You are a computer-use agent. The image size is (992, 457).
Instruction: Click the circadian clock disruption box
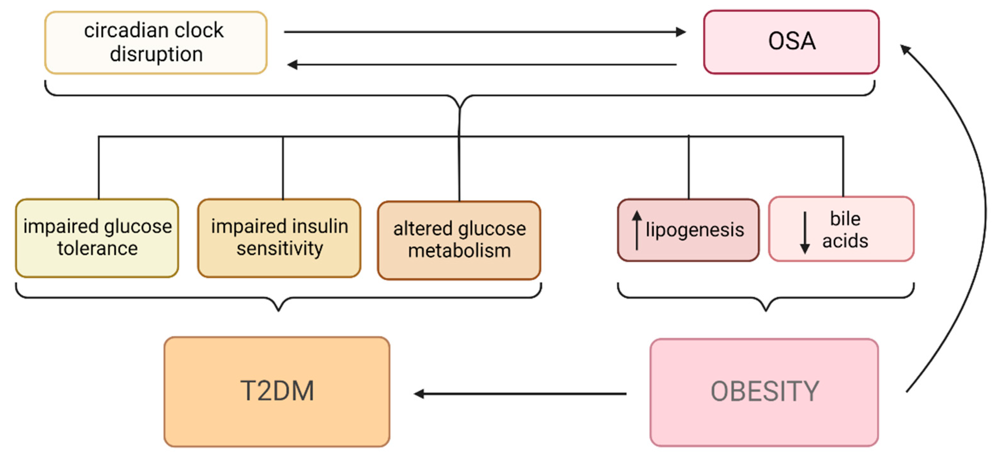[156, 43]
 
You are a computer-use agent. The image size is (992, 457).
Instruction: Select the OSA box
[791, 42]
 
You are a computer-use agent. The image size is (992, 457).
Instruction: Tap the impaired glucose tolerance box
[97, 238]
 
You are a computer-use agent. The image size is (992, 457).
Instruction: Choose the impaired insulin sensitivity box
[279, 238]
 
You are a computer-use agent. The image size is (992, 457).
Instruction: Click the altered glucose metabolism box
[459, 240]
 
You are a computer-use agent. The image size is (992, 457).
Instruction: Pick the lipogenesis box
[688, 230]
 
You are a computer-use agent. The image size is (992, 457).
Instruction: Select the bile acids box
[841, 229]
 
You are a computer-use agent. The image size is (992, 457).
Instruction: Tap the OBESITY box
[764, 392]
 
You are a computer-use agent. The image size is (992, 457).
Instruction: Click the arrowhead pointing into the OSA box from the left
[681, 32]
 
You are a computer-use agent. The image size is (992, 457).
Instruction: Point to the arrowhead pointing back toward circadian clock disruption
[292, 64]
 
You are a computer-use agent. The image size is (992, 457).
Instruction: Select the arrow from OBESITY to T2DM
[520, 394]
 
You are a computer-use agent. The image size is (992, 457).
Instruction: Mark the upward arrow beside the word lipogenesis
[637, 230]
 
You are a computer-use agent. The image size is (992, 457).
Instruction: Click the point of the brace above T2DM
[278, 309]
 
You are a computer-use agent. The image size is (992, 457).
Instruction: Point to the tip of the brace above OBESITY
[766, 309]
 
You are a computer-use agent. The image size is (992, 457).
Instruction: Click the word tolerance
[97, 248]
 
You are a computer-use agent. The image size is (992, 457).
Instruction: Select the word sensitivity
[280, 248]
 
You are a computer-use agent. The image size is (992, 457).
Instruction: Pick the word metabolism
[459, 251]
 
